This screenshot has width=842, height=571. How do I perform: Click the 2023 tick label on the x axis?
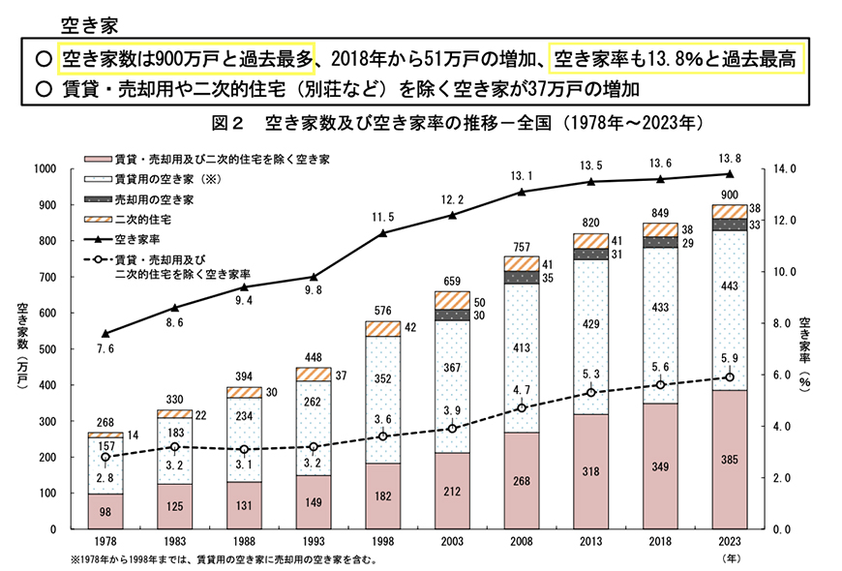pos(729,543)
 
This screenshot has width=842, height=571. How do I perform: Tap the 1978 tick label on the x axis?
pos(105,543)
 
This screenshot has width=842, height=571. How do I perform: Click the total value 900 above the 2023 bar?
pos(729,195)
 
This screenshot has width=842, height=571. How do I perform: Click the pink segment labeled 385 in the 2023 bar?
pos(729,460)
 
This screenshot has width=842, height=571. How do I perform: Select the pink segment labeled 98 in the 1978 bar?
pos(105,512)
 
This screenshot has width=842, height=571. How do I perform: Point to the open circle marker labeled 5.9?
pos(729,377)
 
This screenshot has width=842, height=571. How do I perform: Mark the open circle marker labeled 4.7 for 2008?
pos(521,407)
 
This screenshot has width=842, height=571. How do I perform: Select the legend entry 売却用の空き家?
pos(126,199)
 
